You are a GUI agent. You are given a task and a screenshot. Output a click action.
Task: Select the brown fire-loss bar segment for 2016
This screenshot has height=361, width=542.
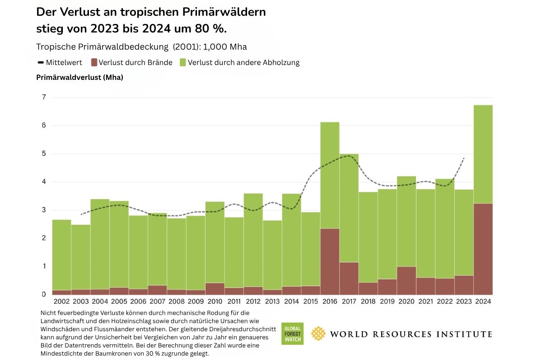[x=330, y=261]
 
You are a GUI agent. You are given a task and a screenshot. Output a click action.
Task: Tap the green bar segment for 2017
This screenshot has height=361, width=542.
[x=349, y=208]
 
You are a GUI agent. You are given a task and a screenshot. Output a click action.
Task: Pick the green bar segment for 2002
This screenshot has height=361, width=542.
[x=61, y=255]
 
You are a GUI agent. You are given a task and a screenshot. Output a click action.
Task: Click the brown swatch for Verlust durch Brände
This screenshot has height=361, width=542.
[x=94, y=62]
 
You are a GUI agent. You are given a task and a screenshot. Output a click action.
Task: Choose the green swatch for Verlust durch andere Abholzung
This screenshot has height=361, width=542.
[x=182, y=62]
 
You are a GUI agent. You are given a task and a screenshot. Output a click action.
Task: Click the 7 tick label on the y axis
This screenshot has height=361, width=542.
[x=44, y=97]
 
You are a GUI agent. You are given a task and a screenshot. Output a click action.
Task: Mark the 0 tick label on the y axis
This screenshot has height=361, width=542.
[x=44, y=294]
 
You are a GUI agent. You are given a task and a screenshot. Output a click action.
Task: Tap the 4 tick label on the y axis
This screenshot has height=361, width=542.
[x=44, y=182]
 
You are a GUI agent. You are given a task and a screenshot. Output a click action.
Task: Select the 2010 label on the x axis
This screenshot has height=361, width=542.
[x=215, y=302]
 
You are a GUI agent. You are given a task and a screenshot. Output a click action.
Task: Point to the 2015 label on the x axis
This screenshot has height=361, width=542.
[x=310, y=302]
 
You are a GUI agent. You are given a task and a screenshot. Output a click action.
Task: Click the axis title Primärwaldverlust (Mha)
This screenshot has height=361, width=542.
[x=79, y=77]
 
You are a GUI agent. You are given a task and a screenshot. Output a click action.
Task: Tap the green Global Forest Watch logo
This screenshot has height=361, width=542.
[x=292, y=334]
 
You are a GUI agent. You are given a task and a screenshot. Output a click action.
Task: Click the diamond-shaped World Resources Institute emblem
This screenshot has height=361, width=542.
[x=319, y=334]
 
